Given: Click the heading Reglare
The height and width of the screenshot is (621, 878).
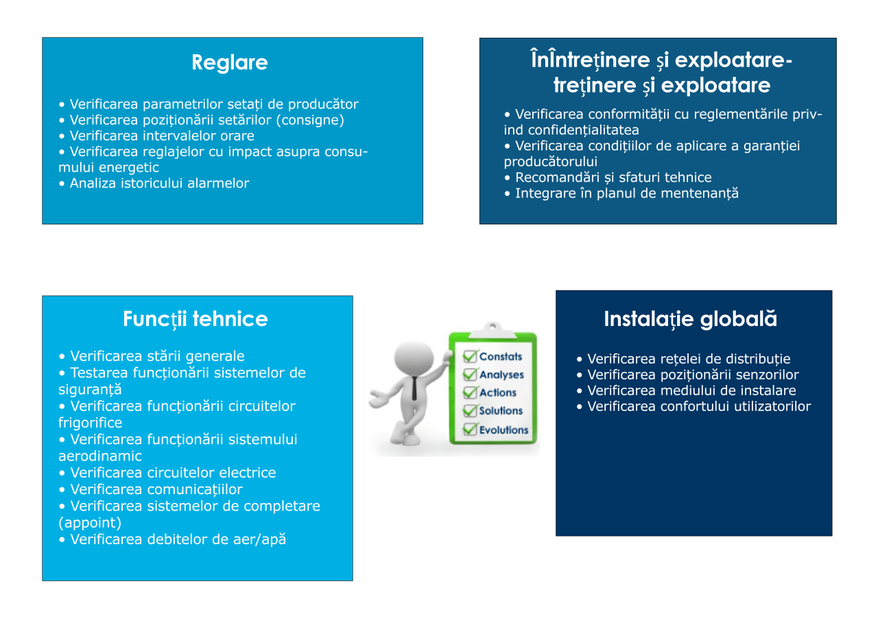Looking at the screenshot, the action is tap(230, 62).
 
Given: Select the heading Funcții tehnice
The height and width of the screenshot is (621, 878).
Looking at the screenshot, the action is tap(195, 319).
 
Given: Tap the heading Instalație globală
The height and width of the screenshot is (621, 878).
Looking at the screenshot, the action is tap(690, 319).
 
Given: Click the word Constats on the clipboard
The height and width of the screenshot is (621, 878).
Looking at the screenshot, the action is tap(501, 356).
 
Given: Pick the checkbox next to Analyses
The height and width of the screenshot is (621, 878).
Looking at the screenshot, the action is tap(470, 375).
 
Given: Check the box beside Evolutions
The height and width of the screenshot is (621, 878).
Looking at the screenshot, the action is tap(470, 429).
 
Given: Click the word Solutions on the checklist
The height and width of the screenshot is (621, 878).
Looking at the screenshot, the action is tap(501, 410).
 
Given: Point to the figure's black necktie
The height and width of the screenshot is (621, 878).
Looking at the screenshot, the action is tap(414, 388).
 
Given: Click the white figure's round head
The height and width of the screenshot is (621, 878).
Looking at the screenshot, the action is tap(414, 358).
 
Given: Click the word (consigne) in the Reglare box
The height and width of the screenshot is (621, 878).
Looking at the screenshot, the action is tap(310, 120).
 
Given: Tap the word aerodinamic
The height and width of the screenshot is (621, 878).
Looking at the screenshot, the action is tap(100, 456).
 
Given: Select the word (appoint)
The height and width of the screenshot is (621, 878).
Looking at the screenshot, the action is tap(90, 523).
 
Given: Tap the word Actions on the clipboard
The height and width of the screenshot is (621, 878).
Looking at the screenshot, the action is tap(498, 392).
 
